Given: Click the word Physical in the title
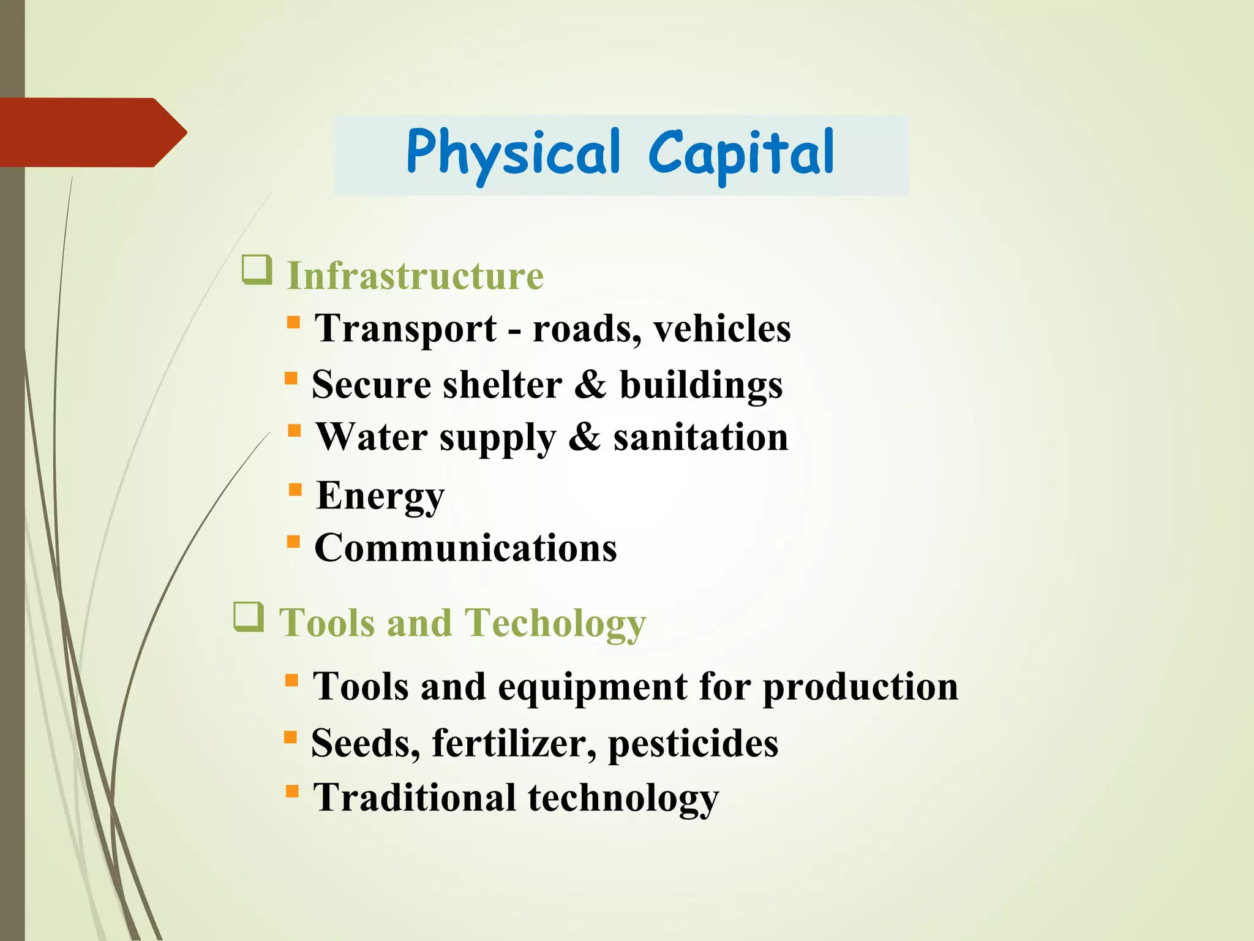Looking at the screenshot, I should click(x=513, y=153).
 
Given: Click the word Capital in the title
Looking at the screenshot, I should click(x=741, y=153).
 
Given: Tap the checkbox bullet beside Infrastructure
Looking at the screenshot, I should click(x=257, y=270).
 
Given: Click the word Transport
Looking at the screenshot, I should click(x=405, y=328).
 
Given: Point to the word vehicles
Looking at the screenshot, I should click(x=722, y=328).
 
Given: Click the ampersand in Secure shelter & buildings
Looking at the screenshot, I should click(x=590, y=385).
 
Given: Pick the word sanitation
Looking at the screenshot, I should click(x=700, y=437).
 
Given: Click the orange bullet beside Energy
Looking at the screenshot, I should click(x=296, y=489).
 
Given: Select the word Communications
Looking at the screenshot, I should click(x=465, y=548).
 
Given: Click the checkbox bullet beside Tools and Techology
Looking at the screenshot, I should click(x=249, y=616).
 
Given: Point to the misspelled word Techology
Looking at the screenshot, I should click(x=555, y=623).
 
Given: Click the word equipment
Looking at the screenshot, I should click(x=592, y=687).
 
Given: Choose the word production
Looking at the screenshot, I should click(x=860, y=687).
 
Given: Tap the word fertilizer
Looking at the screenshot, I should click(x=514, y=743).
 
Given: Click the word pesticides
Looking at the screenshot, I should click(x=693, y=743).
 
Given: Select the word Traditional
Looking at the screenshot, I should click(x=415, y=798).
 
